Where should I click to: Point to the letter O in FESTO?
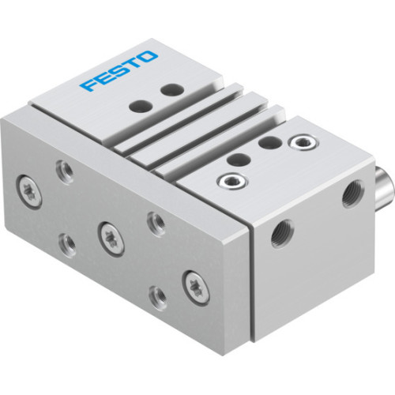point(149,57)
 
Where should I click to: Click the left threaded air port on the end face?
point(279,233)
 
